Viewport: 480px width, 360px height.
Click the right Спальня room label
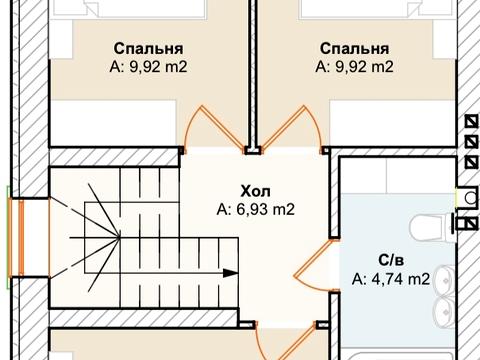point(354,49)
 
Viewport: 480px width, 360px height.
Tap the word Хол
point(256,190)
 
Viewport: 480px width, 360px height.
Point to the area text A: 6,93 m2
point(256,210)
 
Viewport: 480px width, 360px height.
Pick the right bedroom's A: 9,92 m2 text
point(354,68)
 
